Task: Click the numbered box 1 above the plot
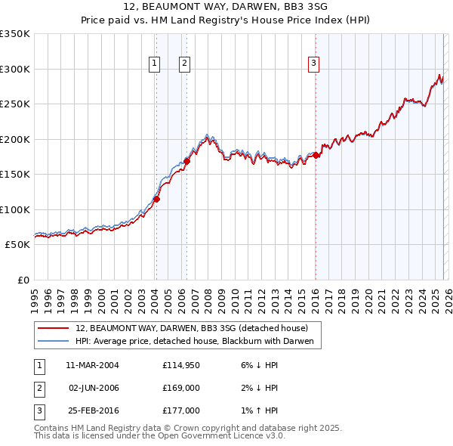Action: (154, 64)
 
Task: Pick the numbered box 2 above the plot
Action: (184, 64)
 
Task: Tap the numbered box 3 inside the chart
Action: (313, 64)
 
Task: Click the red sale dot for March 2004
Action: (157, 200)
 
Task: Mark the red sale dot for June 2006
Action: (186, 161)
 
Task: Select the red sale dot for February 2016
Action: (316, 155)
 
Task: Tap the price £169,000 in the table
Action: (180, 388)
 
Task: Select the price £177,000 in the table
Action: (180, 410)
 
